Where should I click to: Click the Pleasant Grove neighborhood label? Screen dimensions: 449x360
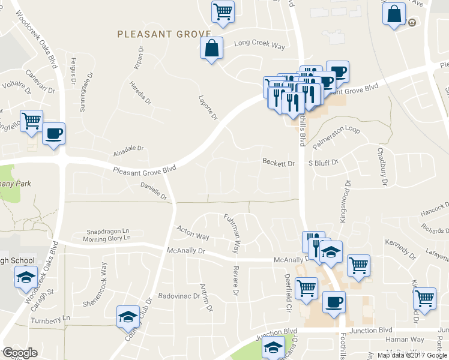point(164,34)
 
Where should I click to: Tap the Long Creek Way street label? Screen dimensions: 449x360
point(259,43)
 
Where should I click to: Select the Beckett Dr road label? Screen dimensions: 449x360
point(279,163)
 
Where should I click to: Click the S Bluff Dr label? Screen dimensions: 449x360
point(324,163)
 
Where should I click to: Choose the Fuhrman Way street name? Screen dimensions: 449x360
point(235,232)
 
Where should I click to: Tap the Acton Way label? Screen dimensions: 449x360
point(193,232)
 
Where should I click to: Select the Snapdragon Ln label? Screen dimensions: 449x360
point(108,231)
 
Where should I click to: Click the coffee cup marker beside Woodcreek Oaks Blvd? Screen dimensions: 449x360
point(53,133)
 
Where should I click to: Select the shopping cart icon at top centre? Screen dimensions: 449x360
point(223,11)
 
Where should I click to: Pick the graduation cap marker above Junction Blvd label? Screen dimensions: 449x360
point(273,347)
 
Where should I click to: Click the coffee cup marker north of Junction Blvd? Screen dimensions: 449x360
point(334,302)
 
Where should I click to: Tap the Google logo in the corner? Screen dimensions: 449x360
point(19,353)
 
